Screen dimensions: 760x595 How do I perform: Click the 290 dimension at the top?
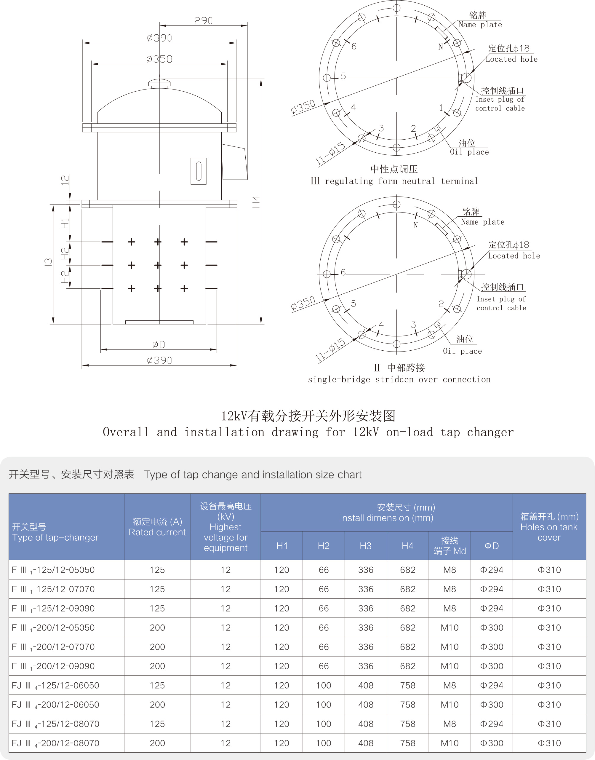click(x=204, y=21)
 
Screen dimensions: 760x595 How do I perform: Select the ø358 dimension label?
click(x=159, y=59)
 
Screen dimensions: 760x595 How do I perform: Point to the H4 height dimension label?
click(x=256, y=202)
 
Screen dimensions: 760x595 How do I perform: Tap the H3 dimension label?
click(x=48, y=264)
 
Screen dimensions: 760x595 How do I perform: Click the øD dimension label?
click(x=159, y=345)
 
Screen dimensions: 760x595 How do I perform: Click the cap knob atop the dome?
click(x=159, y=83)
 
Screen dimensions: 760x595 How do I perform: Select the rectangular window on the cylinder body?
click(x=199, y=171)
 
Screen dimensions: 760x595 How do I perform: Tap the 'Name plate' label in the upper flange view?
click(x=480, y=25)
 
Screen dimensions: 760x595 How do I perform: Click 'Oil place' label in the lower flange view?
click(x=462, y=351)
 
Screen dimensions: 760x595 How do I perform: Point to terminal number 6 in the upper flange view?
click(x=354, y=46)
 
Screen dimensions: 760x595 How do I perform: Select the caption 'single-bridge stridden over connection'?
click(x=399, y=379)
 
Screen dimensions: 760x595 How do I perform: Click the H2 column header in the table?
click(x=324, y=546)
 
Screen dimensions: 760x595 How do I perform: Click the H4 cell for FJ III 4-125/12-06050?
click(x=408, y=685)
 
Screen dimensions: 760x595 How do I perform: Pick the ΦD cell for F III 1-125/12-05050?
click(x=492, y=570)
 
